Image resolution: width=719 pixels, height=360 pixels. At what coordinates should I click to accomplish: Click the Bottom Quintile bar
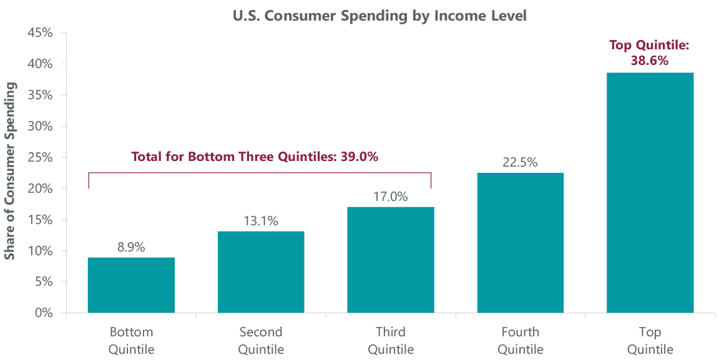tap(131, 285)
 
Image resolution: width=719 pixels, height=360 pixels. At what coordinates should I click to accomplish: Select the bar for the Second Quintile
tap(261, 271)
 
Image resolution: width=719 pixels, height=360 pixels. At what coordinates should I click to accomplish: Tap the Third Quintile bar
tap(391, 260)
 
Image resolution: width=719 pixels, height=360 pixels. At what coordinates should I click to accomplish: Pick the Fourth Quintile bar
tap(521, 243)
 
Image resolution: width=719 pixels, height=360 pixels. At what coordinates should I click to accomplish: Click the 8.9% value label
tap(131, 247)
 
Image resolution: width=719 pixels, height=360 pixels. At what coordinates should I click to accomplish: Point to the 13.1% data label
tap(261, 221)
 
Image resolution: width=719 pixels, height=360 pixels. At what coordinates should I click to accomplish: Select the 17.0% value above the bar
tap(391, 197)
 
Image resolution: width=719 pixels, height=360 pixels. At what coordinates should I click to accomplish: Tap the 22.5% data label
tap(521, 163)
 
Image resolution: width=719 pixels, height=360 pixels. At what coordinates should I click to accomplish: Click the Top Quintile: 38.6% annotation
tap(650, 53)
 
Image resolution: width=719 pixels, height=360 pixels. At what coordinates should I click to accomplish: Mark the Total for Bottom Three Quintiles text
tap(255, 157)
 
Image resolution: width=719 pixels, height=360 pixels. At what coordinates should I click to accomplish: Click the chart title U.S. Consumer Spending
tap(379, 16)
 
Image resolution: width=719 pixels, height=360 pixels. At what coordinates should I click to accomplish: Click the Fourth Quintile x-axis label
tap(521, 340)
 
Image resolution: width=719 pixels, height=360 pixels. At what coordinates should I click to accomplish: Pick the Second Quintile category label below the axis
tap(261, 340)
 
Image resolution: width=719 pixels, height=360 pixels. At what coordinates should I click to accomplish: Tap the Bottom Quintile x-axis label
tap(131, 340)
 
